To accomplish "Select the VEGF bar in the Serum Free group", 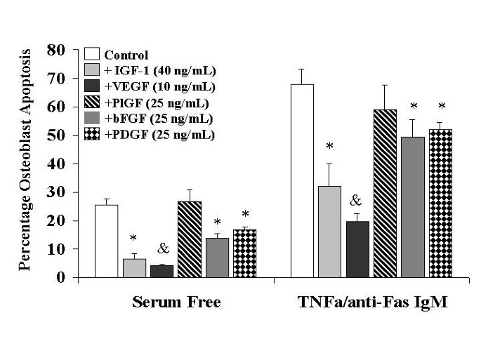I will [162, 271].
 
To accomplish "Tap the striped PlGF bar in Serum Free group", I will [190, 239].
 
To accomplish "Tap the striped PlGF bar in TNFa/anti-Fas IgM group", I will [385, 193].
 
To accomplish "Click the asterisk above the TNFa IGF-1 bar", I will [329, 147].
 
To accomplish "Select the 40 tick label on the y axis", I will [58, 164].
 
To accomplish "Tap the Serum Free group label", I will [176, 302].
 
